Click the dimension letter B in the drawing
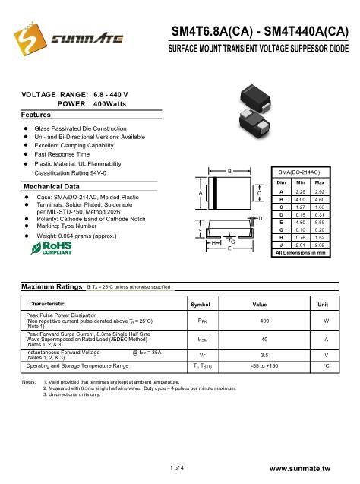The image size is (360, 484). [231, 172]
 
